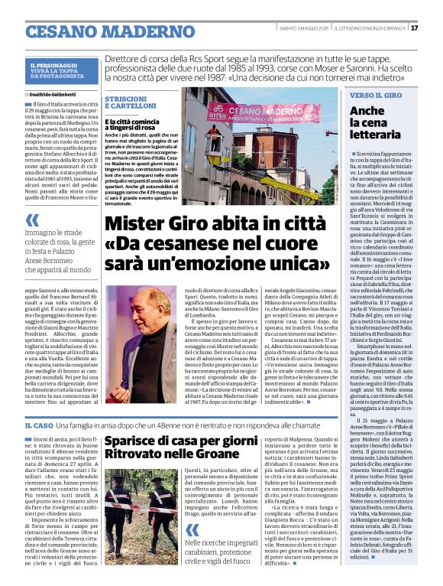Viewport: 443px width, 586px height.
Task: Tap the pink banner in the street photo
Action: (x=264, y=114)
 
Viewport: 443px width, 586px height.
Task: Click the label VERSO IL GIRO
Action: (x=376, y=96)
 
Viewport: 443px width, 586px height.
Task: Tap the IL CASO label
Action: (x=37, y=425)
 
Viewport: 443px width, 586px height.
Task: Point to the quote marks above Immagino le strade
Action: (x=31, y=220)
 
